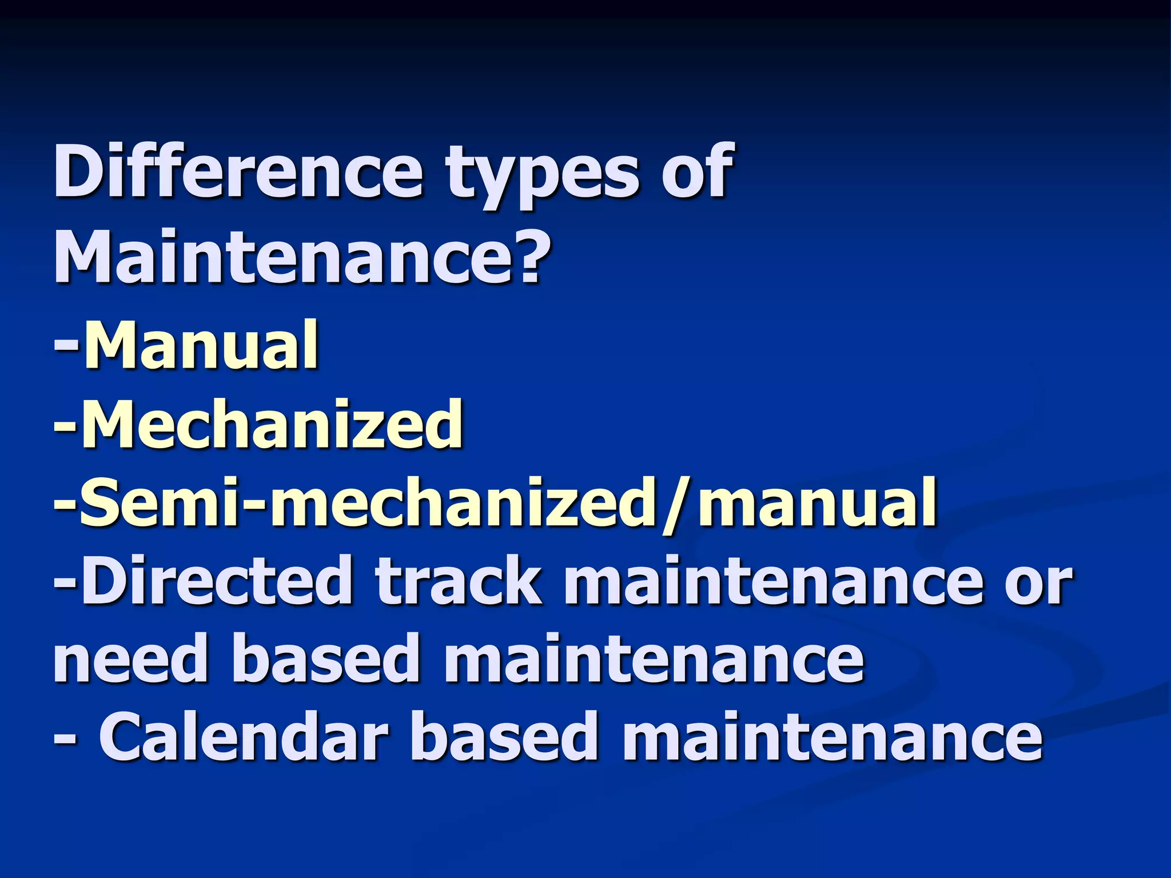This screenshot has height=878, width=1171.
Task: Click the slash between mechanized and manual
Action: pyautogui.click(x=678, y=506)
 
